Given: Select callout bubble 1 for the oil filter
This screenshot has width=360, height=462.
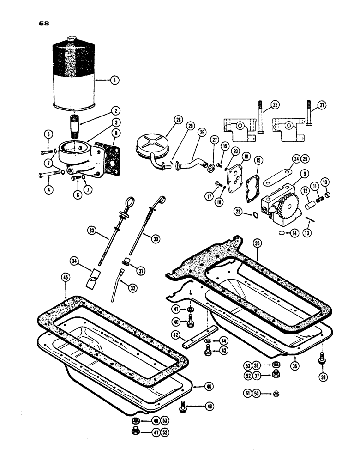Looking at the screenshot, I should point(114,80).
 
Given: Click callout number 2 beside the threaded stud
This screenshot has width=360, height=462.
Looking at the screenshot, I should point(115,111).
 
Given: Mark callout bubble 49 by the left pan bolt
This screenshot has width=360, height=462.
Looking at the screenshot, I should point(210,407).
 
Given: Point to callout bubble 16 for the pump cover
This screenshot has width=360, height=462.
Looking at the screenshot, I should point(246,157).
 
